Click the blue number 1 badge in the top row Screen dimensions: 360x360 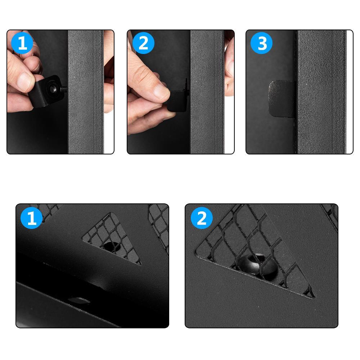[22, 43]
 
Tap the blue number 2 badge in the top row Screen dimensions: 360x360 [143, 43]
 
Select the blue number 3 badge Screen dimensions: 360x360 [261, 43]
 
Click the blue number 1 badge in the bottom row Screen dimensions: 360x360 [31, 218]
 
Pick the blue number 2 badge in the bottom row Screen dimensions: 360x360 [202, 218]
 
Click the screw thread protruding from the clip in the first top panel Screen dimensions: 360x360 [64, 89]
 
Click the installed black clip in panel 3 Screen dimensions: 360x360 [282, 98]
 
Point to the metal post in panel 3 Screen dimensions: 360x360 [321, 92]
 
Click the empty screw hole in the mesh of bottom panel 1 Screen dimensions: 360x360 [112, 246]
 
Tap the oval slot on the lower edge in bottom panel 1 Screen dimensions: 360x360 [79, 300]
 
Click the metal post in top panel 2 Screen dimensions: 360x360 [207, 92]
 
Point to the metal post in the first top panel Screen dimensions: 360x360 [86, 92]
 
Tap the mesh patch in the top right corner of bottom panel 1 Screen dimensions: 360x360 [159, 227]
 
